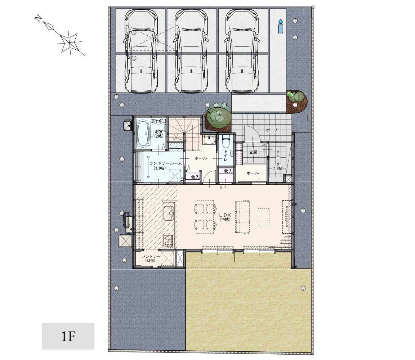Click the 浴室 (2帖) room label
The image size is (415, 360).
(159, 134)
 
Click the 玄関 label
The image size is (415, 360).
(253, 152)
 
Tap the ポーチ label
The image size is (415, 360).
(272, 130)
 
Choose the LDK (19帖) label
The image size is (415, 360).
(225, 217)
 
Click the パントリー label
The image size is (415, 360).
(151, 258)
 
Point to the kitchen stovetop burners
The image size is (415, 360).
(168, 241)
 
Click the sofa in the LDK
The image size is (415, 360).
(242, 217)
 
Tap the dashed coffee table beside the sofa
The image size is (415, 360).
(264, 217)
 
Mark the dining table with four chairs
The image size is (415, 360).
(205, 217)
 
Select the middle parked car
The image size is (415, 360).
(191, 51)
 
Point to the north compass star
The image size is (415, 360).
(69, 42)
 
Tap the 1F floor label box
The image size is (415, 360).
(68, 336)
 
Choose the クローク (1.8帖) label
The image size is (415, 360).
(278, 160)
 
